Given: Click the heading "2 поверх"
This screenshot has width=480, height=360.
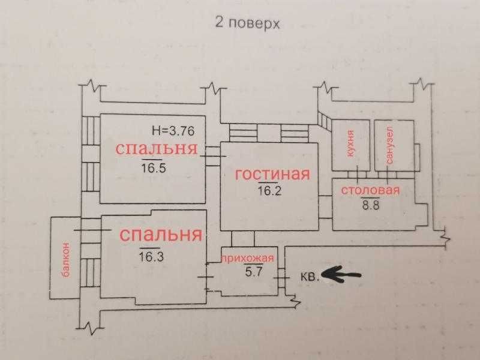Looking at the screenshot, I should pyautogui.click(x=247, y=23).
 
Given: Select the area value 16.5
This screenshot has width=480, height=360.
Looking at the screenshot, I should pyautogui.click(x=154, y=167).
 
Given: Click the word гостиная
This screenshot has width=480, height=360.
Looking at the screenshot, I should pyautogui.click(x=272, y=175).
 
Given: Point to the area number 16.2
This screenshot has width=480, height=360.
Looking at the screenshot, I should pyautogui.click(x=269, y=192).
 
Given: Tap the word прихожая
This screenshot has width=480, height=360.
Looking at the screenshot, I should pyautogui.click(x=248, y=259).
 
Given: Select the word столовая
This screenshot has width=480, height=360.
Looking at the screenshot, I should pyautogui.click(x=370, y=191).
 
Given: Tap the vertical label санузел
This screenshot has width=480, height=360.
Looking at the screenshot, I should pyautogui.click(x=391, y=145).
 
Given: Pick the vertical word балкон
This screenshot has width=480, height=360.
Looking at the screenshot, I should pyautogui.click(x=65, y=259).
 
